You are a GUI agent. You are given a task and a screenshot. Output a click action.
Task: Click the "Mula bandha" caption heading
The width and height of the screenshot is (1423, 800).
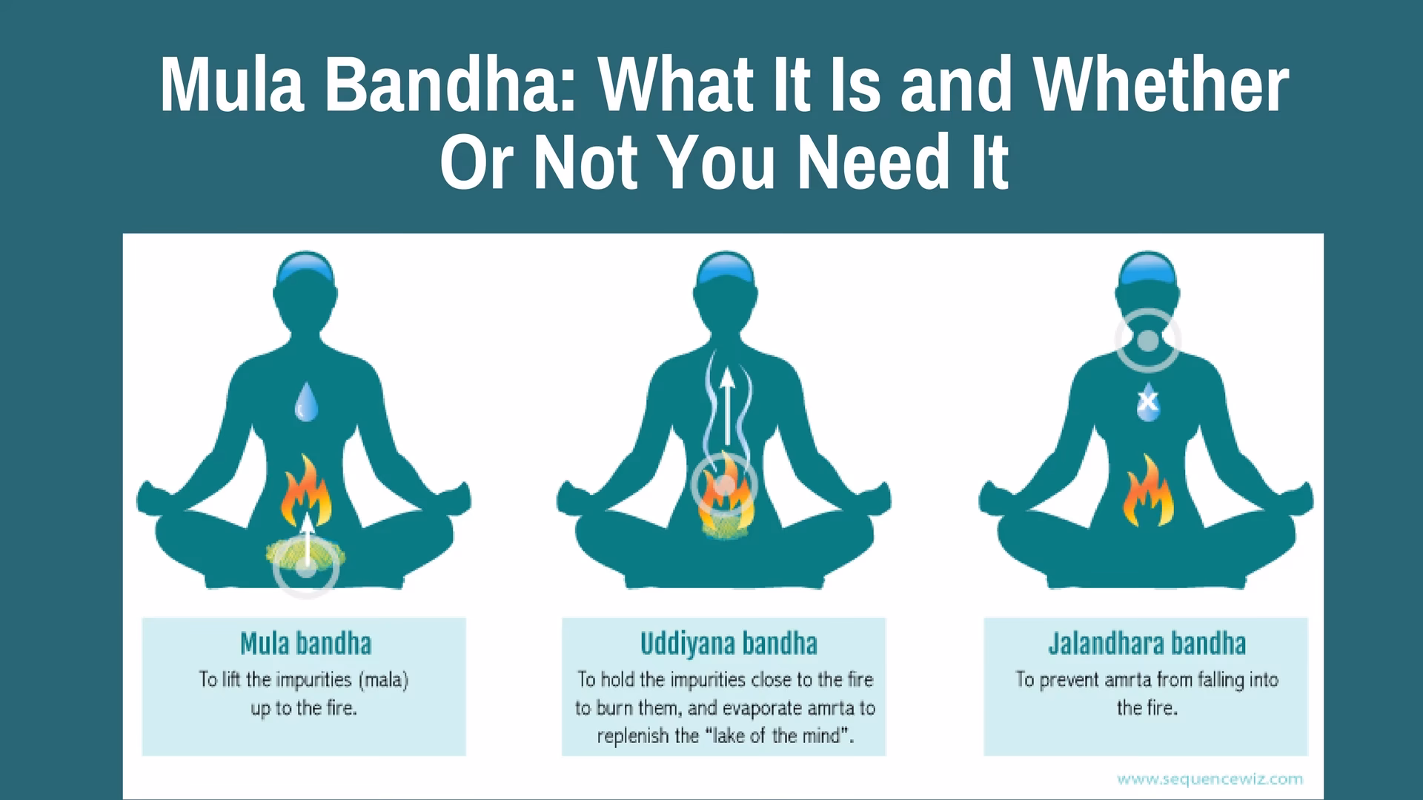point(305,644)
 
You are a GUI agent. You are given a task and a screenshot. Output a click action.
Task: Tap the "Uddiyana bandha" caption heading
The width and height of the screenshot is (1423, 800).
point(729,644)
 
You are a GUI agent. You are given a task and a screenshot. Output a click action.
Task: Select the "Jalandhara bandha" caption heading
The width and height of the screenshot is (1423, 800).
point(1147,644)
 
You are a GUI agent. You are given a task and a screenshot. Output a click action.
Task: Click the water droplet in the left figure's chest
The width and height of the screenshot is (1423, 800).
point(306,402)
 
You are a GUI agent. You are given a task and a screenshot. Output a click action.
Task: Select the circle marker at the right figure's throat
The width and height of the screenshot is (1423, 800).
point(1147,341)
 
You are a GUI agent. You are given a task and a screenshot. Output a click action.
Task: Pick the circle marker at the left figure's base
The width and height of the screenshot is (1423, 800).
point(306,569)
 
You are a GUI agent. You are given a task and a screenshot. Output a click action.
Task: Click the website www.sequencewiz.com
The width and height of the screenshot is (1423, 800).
point(1210,779)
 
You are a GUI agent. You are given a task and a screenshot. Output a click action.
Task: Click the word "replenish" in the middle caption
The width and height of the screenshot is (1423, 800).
point(633,736)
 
